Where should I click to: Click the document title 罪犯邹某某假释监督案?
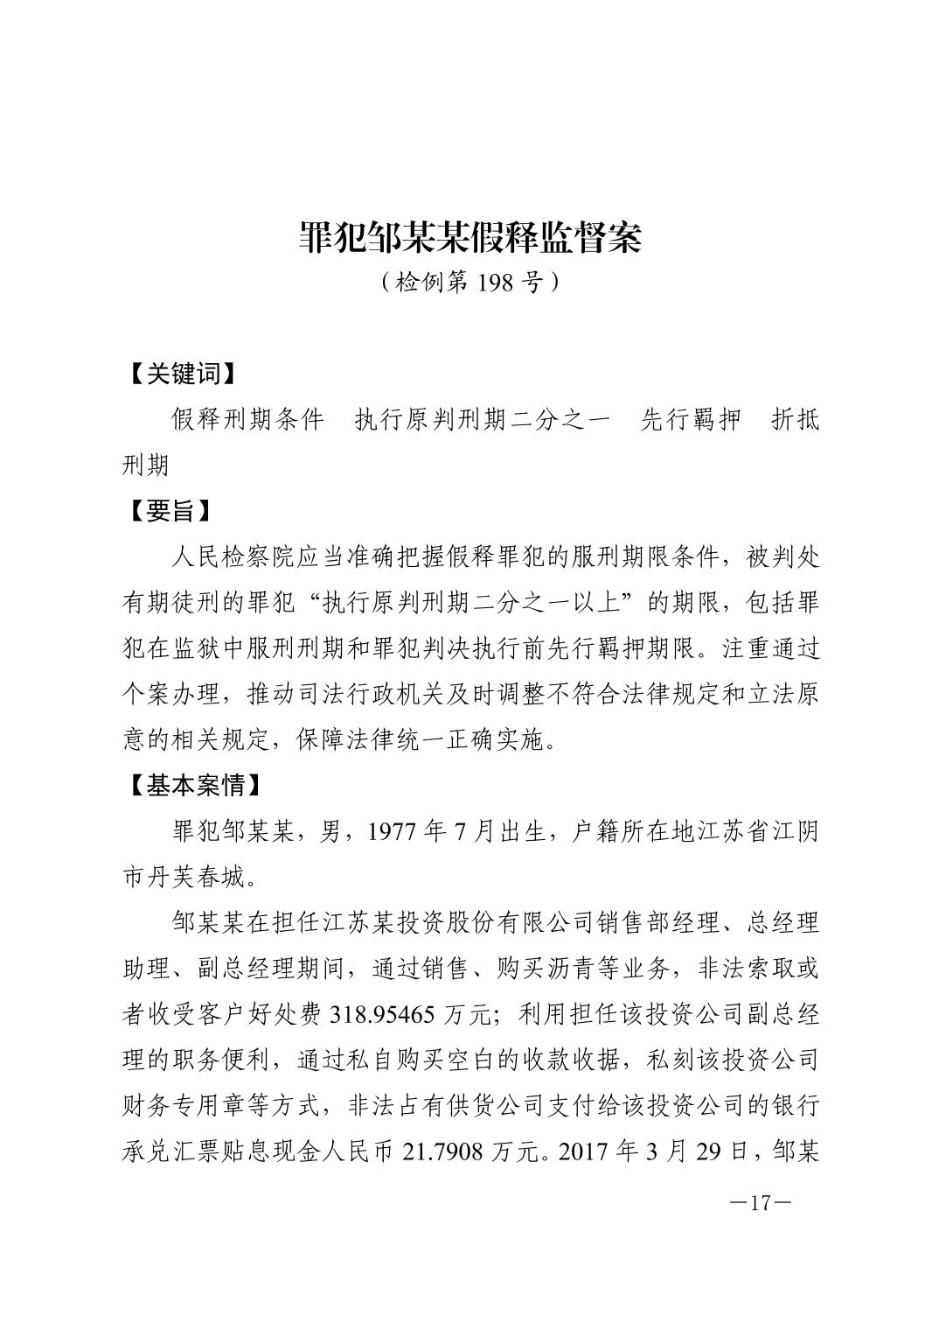(x=469, y=237)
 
